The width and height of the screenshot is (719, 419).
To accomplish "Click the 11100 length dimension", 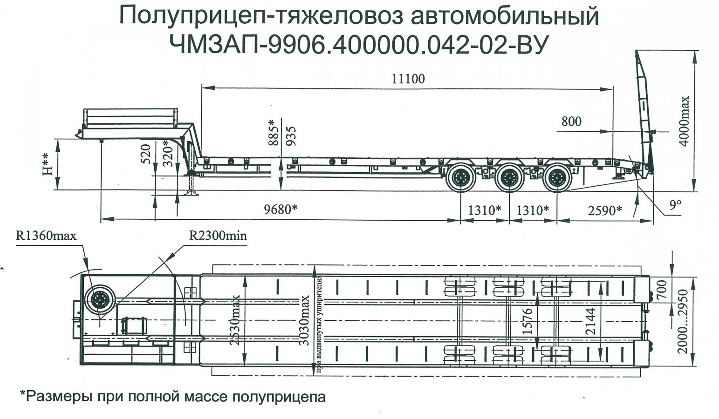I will pyautogui.click(x=408, y=78).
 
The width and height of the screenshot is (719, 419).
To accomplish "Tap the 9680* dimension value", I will pyautogui.click(x=280, y=209).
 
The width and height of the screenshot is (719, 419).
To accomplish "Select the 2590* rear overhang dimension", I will pyautogui.click(x=604, y=210).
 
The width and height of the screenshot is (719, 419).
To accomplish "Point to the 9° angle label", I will pyautogui.click(x=675, y=205).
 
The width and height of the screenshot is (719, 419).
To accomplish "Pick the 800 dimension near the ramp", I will pyautogui.click(x=571, y=122).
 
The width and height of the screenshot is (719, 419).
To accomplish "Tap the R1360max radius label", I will pyautogui.click(x=46, y=236).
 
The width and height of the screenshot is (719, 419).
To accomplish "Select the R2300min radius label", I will pyautogui.click(x=218, y=236).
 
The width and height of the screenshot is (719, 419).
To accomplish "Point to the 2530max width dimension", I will pyautogui.click(x=235, y=320).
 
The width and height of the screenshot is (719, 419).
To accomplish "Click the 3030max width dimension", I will pyautogui.click(x=304, y=320).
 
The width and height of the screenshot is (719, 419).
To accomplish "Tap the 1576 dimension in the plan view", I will pyautogui.click(x=527, y=321).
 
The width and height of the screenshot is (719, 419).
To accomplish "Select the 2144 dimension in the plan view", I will pyautogui.click(x=590, y=321).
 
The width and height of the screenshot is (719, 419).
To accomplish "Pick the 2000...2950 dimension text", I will pyautogui.click(x=683, y=321).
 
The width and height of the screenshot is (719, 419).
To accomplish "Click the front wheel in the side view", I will pyautogui.click(x=460, y=178).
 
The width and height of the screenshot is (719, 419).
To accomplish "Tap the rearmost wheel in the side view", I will pyautogui.click(x=557, y=178).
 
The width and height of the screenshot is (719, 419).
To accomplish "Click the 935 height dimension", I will pyautogui.click(x=291, y=136).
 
